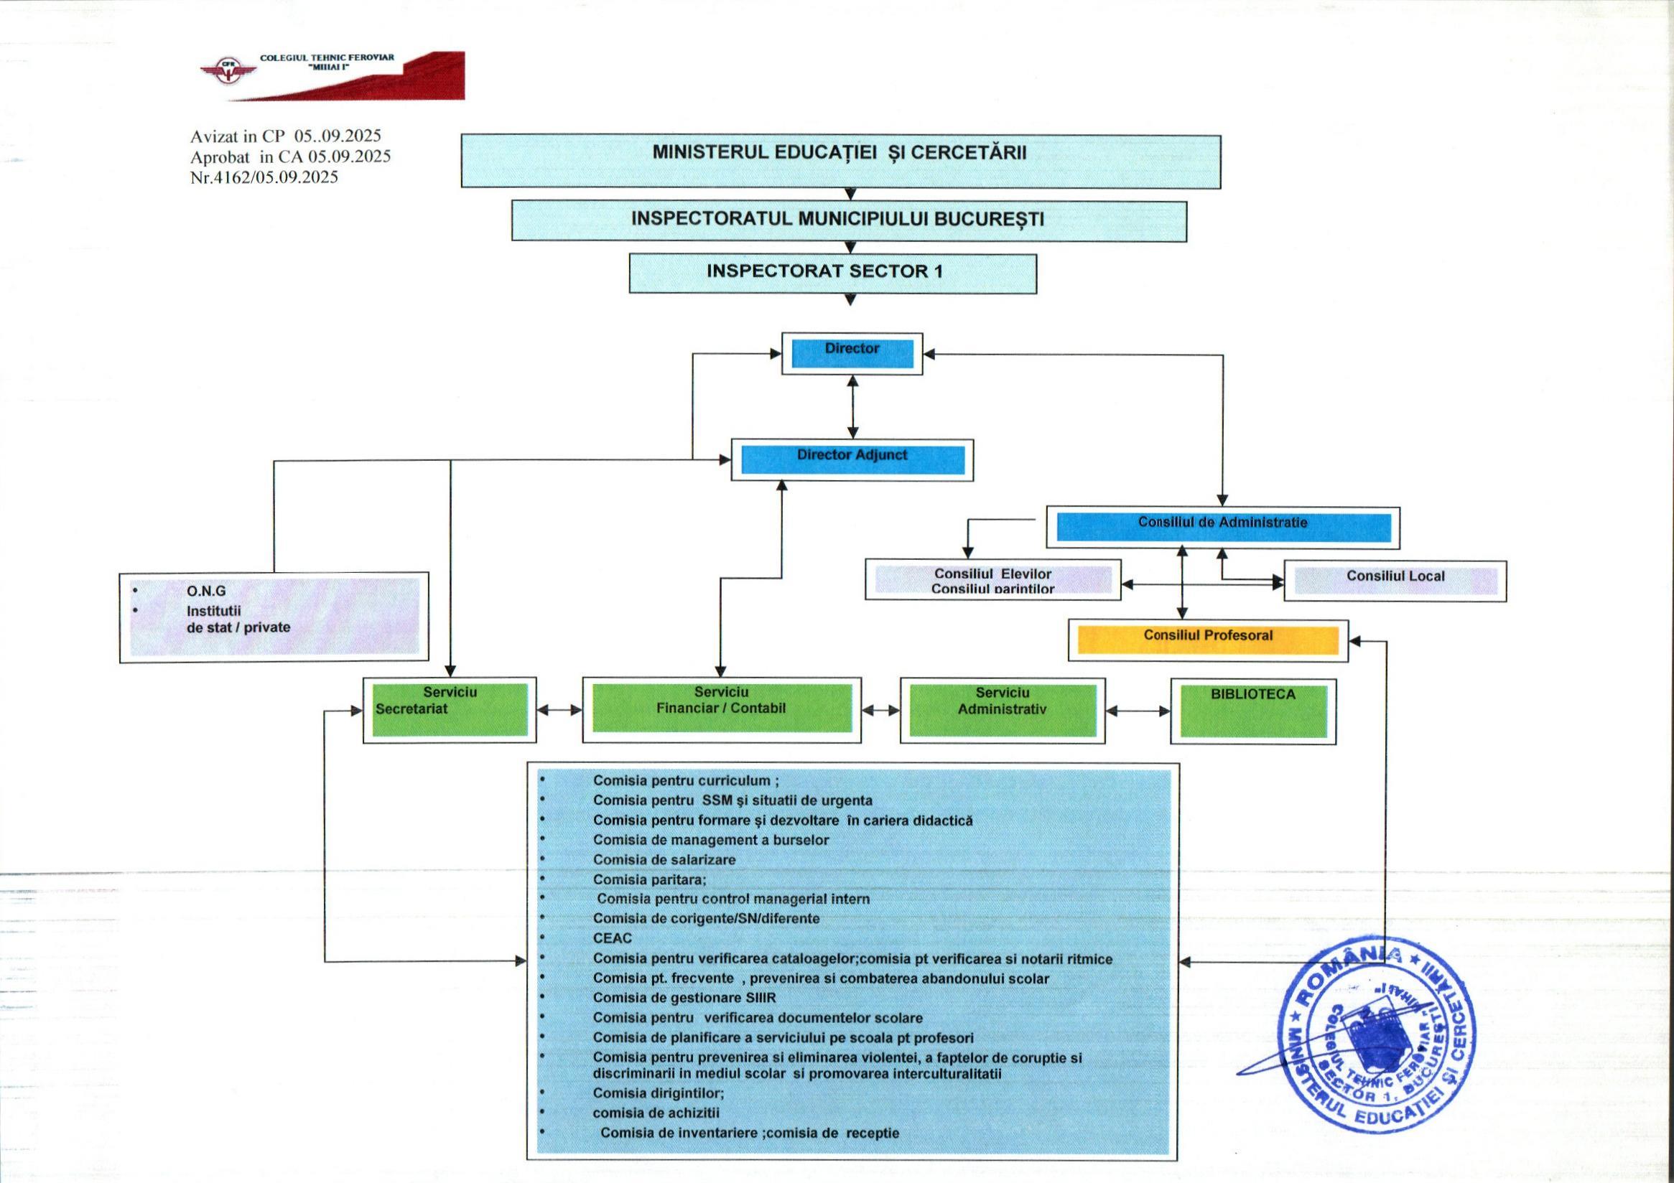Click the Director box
tap(852, 353)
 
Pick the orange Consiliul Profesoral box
tap(1207, 640)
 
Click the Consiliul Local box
tap(1394, 580)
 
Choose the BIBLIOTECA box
tap(1252, 711)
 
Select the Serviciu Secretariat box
tap(449, 709)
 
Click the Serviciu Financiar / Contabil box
tap(721, 709)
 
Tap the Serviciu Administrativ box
tap(1002, 709)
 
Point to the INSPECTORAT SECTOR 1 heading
tap(832, 273)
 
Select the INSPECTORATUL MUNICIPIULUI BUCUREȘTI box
tap(848, 220)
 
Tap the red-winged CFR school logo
tap(228, 73)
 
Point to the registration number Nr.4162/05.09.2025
tap(264, 177)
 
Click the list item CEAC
tap(612, 938)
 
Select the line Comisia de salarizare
tap(664, 859)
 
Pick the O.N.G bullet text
tap(206, 590)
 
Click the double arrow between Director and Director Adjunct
tap(852, 407)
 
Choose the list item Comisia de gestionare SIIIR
tap(684, 997)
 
